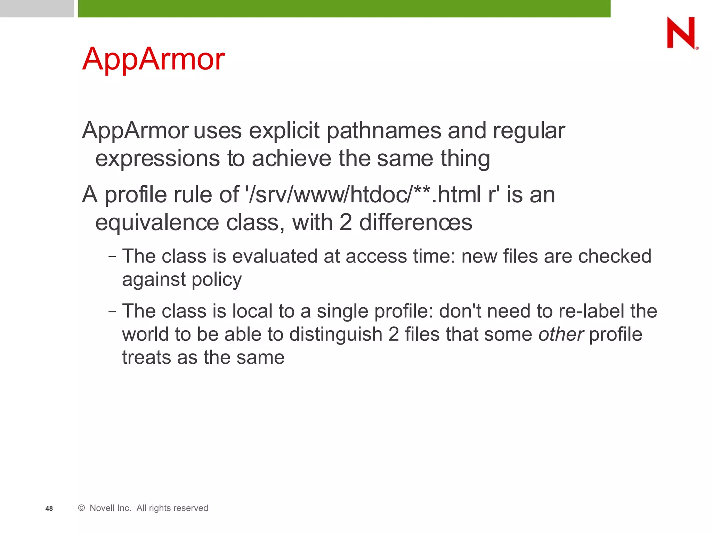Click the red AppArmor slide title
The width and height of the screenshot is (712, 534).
click(153, 59)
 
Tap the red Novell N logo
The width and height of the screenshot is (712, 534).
click(682, 33)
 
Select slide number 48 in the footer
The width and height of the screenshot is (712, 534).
click(49, 509)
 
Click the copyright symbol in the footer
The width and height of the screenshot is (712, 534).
click(82, 508)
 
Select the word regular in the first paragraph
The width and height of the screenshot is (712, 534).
click(529, 131)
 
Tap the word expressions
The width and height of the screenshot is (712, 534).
click(158, 159)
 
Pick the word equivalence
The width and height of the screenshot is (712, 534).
click(157, 222)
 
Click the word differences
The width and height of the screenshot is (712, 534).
click(415, 222)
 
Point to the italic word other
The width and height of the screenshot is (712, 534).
click(561, 334)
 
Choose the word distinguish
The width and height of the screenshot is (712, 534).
click(336, 334)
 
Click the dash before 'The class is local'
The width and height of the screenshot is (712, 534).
click(112, 311)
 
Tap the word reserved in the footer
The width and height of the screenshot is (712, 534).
click(192, 508)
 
